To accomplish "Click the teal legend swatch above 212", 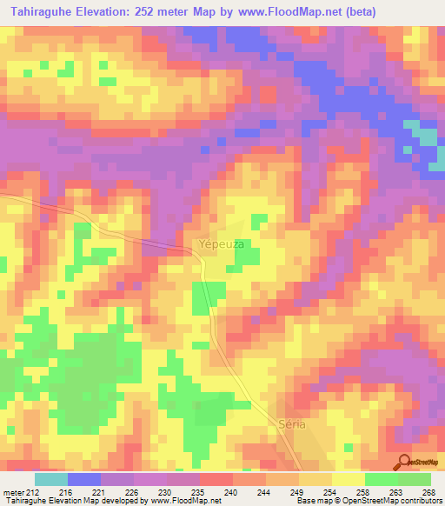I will (x=50, y=479).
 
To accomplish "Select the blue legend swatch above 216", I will (x=84, y=479).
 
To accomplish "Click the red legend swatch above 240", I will (x=216, y=479).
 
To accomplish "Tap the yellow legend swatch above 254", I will (x=315, y=479).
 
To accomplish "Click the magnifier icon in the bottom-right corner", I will (x=405, y=462).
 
